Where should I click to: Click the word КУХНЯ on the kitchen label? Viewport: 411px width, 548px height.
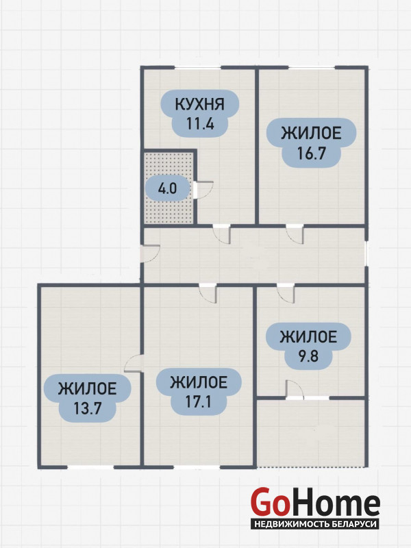click(x=199, y=104)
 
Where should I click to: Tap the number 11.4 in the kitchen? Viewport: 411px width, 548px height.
click(x=200, y=124)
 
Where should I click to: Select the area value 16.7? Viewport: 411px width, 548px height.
click(x=311, y=153)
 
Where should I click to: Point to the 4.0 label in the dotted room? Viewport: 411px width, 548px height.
click(x=168, y=189)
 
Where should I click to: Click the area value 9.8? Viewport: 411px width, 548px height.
click(x=308, y=357)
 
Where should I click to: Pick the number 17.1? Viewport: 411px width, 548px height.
click(x=198, y=402)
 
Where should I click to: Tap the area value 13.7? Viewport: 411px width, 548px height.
click(x=88, y=408)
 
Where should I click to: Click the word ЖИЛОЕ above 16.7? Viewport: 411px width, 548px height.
click(x=312, y=134)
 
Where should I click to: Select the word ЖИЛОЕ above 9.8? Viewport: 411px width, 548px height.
click(x=308, y=337)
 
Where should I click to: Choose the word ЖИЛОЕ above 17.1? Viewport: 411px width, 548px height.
click(x=199, y=382)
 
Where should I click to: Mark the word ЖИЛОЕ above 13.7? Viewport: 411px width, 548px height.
click(x=88, y=388)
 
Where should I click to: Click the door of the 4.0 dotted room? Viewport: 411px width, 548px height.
click(x=203, y=190)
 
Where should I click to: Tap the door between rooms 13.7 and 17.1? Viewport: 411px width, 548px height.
click(x=134, y=364)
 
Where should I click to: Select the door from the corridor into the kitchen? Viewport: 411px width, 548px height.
click(x=221, y=234)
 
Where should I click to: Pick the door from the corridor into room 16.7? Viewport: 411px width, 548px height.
click(x=295, y=234)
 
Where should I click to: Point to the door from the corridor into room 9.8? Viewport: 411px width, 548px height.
click(x=286, y=293)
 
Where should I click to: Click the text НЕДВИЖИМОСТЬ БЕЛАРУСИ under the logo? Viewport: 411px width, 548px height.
click(x=316, y=524)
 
